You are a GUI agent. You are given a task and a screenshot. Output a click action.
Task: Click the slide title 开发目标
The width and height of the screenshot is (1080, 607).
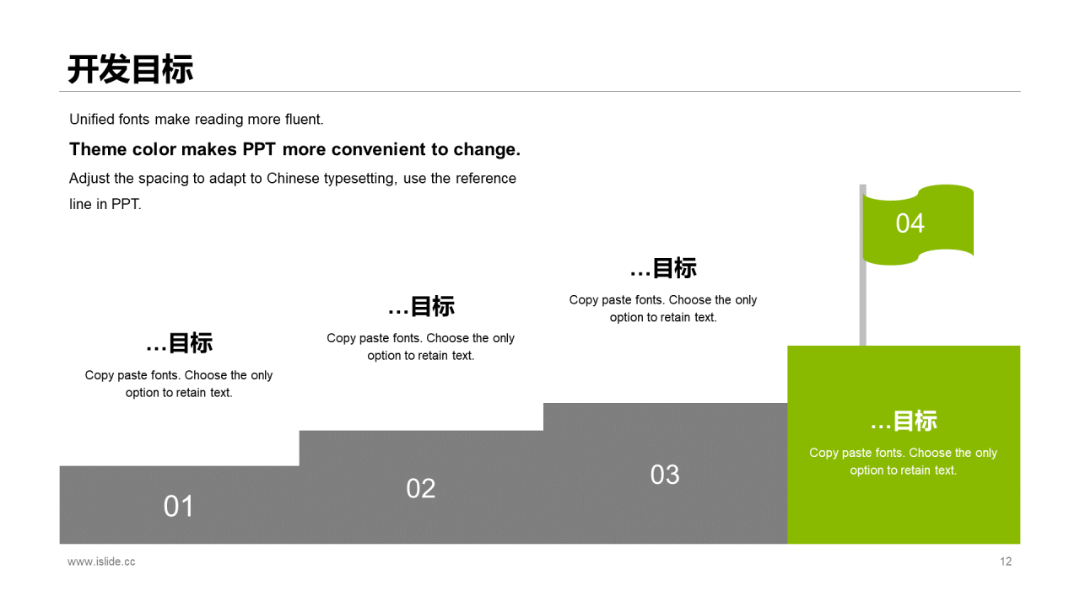(131, 69)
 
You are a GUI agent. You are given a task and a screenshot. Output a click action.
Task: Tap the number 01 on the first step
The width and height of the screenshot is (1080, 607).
(179, 506)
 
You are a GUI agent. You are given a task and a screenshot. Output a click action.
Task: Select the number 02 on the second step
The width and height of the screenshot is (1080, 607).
(421, 488)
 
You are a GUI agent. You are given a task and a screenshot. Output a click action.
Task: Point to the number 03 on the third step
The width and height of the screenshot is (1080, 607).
(665, 475)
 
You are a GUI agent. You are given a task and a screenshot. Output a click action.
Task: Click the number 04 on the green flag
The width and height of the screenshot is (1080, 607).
(910, 223)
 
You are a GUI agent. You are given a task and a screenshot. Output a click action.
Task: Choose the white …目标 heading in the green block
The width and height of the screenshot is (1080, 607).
(904, 421)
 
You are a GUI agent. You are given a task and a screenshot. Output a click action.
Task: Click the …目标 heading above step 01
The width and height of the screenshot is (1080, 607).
(179, 343)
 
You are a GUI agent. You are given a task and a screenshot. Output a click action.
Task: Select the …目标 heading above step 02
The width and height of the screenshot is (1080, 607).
(421, 306)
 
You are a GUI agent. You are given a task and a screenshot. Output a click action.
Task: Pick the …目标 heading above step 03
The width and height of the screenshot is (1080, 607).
(663, 268)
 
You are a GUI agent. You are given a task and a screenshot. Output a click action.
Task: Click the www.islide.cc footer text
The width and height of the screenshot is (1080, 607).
(101, 561)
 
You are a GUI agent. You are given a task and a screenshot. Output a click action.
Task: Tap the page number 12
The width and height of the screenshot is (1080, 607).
(1006, 561)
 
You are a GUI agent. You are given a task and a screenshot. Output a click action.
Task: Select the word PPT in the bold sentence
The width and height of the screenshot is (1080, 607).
(260, 150)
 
